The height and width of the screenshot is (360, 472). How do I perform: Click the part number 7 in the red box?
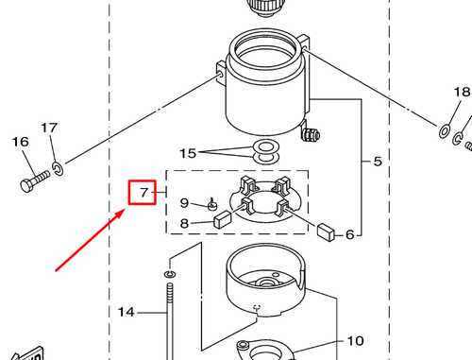point(143,195)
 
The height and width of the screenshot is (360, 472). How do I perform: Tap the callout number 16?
point(20,142)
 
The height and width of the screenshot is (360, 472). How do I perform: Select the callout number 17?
point(49,128)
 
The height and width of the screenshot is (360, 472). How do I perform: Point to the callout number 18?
point(461,93)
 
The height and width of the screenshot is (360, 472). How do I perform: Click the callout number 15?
point(188,153)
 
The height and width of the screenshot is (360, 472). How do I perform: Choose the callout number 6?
point(348,234)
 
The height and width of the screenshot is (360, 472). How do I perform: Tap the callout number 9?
point(186,202)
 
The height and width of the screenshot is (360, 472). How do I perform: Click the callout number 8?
point(186,224)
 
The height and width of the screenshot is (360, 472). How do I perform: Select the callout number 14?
point(126,311)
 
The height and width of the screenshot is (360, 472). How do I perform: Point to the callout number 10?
point(355,341)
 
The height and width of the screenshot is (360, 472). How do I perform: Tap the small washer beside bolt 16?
point(59,169)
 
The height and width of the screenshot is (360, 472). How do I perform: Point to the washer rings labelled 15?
point(267,148)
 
